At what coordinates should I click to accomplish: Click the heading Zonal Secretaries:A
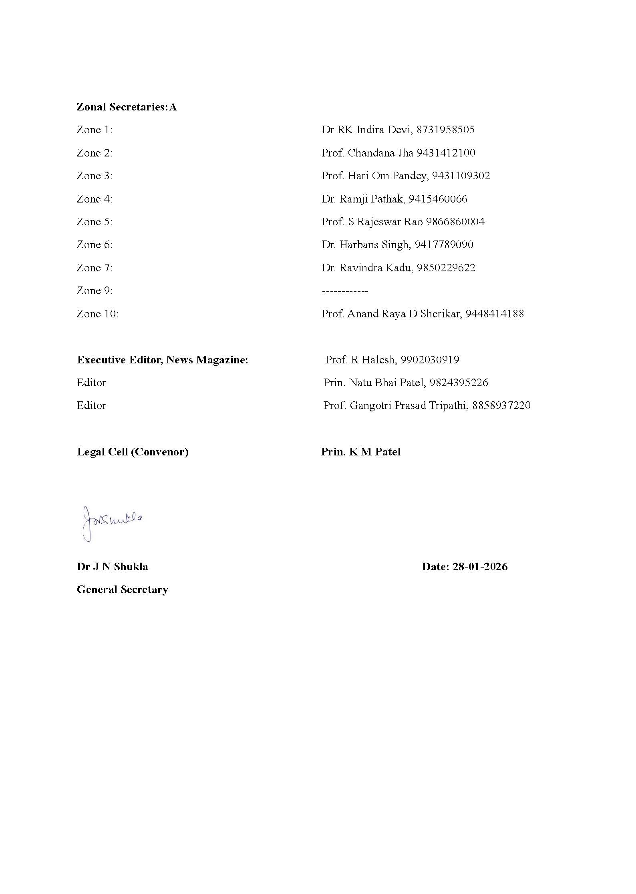127,107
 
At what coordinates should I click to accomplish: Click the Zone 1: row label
95,130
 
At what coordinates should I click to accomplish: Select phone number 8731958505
445,130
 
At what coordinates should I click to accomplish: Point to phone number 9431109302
461,176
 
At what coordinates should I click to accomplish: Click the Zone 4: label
95,199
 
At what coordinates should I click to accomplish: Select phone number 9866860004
455,222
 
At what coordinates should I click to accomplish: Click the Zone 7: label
95,268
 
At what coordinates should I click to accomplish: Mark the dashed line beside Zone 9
345,291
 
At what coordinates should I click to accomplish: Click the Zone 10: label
98,314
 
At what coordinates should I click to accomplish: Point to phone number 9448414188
494,314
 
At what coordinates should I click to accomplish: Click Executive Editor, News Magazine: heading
163,360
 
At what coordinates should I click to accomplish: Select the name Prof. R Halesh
360,360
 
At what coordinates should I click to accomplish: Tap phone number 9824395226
459,383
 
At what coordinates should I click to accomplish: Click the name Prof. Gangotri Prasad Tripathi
395,406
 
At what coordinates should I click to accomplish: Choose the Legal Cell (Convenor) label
133,452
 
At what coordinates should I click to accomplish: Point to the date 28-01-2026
480,567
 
